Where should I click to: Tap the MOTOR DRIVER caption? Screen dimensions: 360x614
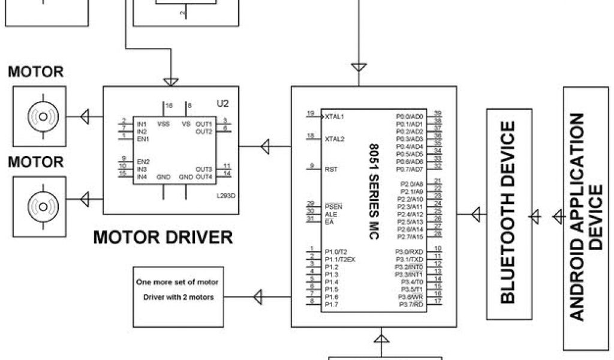tap(163, 237)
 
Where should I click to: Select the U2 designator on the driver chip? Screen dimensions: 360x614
tap(222, 103)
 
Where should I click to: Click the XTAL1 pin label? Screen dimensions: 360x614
tap(335, 116)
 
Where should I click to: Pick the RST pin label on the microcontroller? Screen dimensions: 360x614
tap(330, 169)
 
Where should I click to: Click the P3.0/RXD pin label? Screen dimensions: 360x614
tap(409, 251)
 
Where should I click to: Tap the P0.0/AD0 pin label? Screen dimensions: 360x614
tap(410, 116)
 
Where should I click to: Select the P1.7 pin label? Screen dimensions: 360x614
tap(331, 305)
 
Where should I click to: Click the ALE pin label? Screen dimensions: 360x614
tap(330, 214)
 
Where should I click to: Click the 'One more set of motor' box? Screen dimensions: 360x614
tap(177, 290)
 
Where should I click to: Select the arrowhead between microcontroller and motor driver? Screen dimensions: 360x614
tap(265, 146)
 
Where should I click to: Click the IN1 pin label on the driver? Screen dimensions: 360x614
tap(142, 124)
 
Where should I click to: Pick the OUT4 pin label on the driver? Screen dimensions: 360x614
tap(204, 177)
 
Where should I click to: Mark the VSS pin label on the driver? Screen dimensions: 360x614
tap(163, 124)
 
